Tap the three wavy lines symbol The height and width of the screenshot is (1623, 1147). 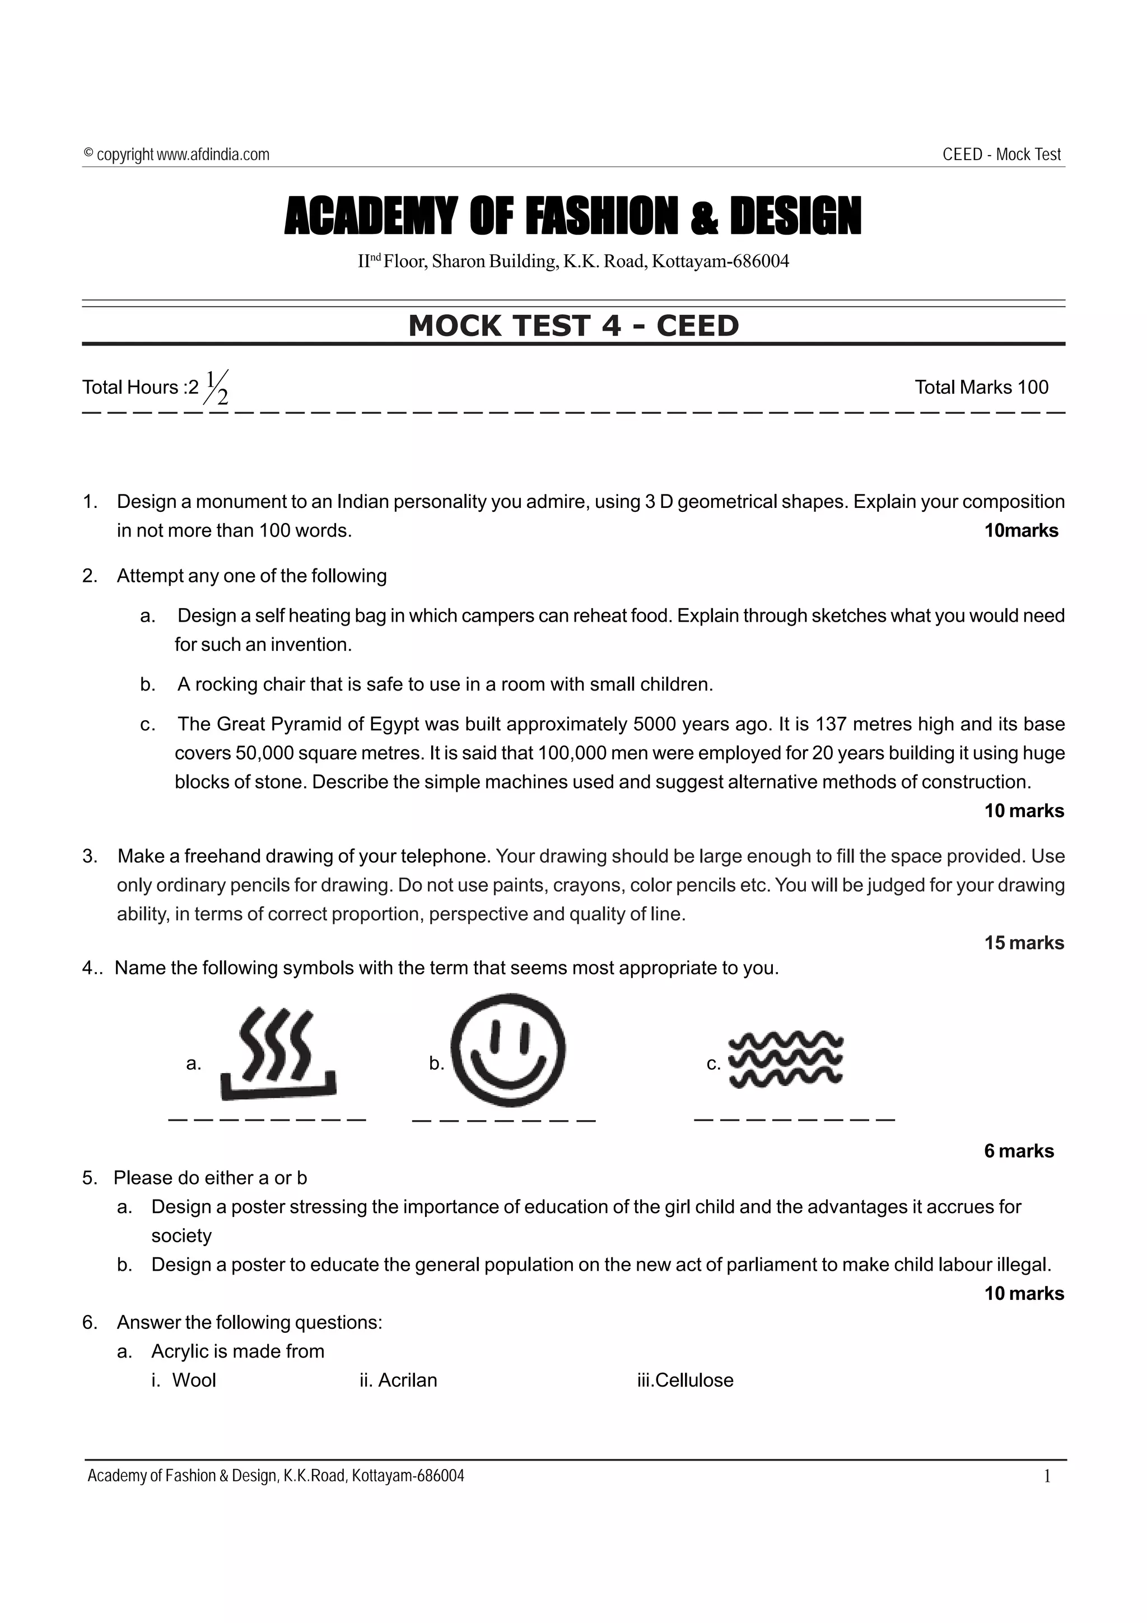(786, 1060)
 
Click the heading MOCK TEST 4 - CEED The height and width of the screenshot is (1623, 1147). (573, 326)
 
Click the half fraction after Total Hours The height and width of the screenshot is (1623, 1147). (217, 388)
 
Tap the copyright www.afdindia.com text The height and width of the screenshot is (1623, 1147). (176, 154)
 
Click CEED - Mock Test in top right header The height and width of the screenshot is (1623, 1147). (1001, 154)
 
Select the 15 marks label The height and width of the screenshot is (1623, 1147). (1023, 943)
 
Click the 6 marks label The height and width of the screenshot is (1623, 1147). (1018, 1151)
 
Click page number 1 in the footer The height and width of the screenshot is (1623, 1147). (1047, 1476)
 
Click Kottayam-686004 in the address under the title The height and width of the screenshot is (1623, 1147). (720, 262)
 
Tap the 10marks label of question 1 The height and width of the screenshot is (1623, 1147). (1020, 531)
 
